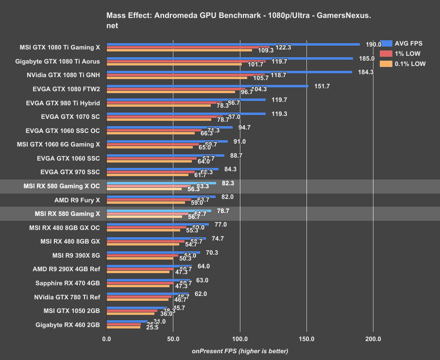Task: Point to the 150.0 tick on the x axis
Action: (306, 339)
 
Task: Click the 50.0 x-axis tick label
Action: (173, 339)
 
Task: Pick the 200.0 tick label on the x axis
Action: (373, 339)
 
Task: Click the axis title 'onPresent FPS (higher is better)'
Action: (240, 351)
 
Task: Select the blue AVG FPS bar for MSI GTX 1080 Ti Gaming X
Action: (233, 44)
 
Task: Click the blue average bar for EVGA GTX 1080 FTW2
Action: (207, 86)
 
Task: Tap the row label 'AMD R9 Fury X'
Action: (77, 199)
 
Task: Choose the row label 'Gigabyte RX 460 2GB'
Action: (68, 325)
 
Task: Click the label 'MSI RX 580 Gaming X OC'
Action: (62, 185)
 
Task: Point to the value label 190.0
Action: (373, 44)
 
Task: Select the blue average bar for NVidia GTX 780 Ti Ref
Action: (148, 294)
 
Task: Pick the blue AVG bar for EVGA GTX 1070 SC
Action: (186, 114)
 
